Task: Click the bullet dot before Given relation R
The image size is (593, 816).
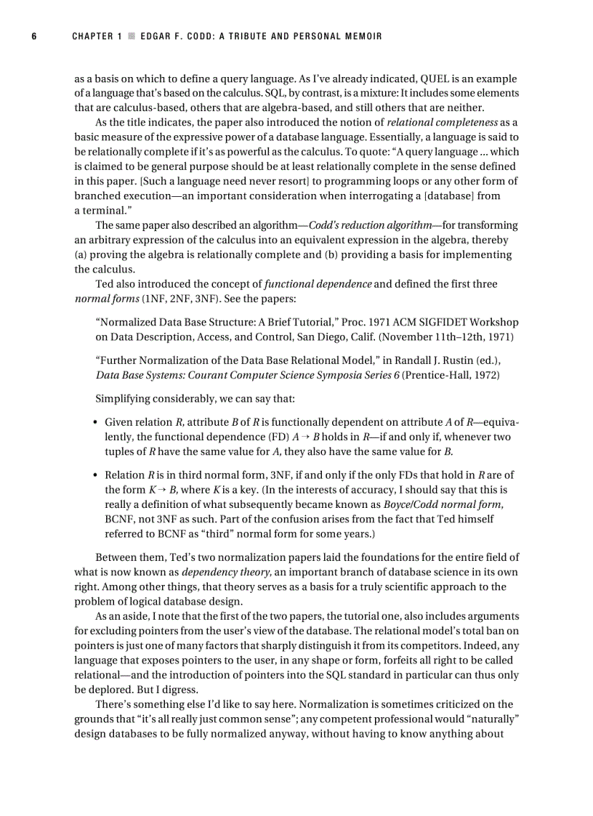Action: [x=97, y=422]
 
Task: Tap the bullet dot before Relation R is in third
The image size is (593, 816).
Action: [x=97, y=475]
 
